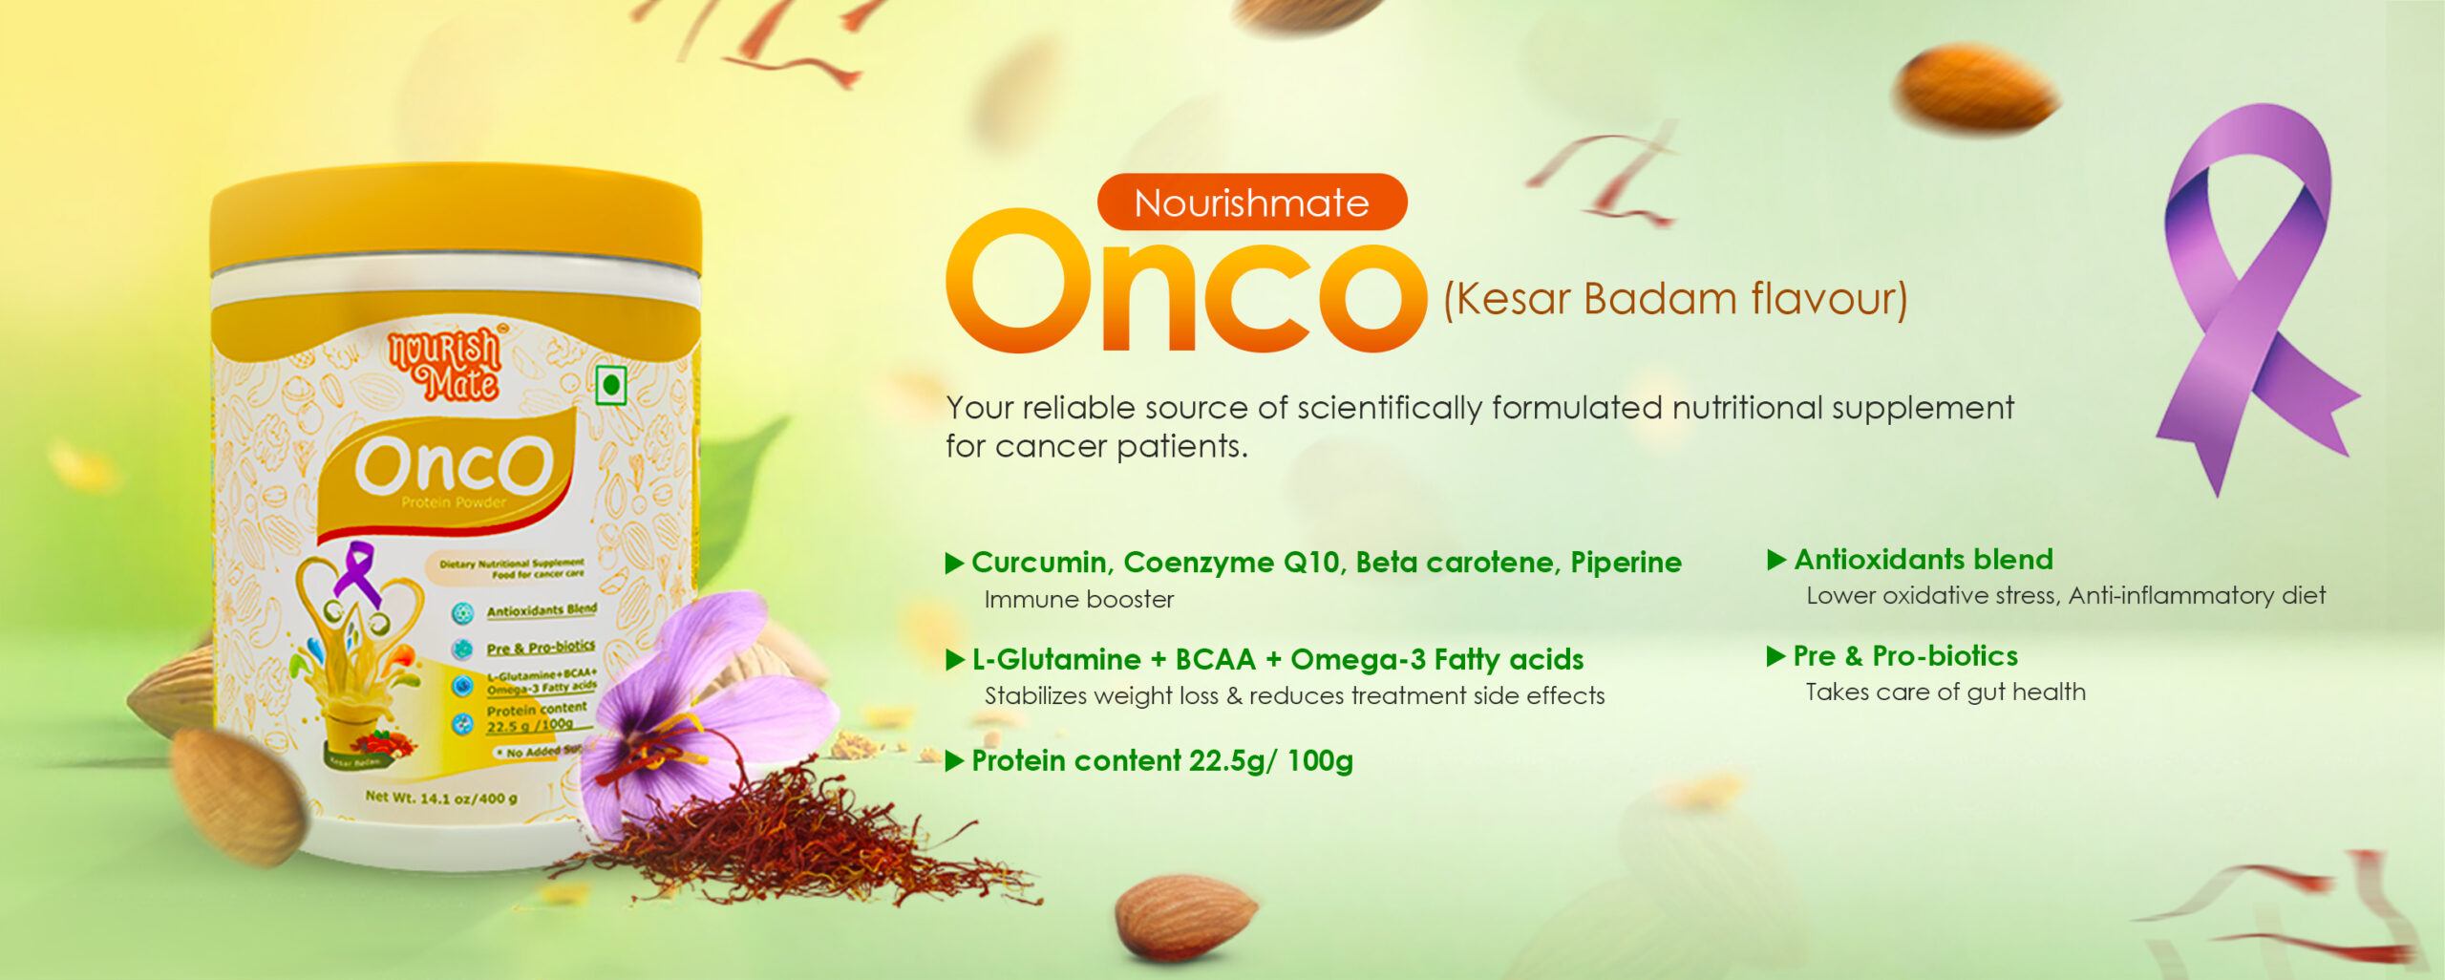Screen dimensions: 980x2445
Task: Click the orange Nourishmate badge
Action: tap(1251, 202)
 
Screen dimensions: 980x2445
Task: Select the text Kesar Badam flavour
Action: tap(1675, 299)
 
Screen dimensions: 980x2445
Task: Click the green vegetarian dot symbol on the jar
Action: tap(611, 385)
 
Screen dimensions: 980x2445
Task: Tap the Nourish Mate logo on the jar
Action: tap(445, 365)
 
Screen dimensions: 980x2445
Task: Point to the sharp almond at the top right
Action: tap(1975, 88)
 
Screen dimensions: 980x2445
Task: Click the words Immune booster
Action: tap(1078, 600)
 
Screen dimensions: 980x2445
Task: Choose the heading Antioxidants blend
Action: tap(1923, 559)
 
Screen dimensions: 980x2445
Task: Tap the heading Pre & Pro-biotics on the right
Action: tap(1905, 656)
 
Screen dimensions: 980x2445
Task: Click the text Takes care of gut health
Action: tap(1945, 692)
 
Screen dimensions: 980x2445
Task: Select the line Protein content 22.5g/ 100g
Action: tap(1161, 761)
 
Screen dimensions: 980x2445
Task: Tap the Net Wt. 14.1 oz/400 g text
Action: tap(441, 797)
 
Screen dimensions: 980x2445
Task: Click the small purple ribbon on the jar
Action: tap(359, 571)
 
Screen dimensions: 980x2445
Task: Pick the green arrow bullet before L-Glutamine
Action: tap(954, 660)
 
